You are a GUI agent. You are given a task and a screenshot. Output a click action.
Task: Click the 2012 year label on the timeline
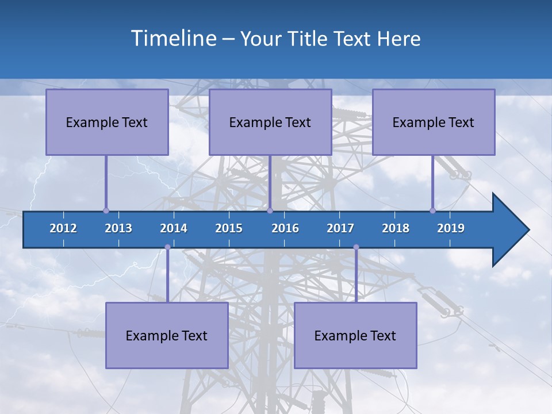coord(63,228)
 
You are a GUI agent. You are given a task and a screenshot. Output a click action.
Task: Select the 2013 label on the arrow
coord(118,228)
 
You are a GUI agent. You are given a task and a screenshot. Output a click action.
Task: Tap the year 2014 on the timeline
coord(174,228)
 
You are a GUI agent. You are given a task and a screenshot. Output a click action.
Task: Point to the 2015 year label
coord(229,228)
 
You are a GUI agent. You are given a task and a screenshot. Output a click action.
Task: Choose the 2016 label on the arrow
coord(285,228)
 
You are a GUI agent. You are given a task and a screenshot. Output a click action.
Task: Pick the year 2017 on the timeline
coord(340,228)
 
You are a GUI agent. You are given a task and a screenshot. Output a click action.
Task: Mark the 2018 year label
coord(396,228)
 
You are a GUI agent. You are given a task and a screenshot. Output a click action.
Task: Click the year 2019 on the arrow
coord(451,228)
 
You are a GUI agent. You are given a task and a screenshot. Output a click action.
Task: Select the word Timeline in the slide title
coord(173,39)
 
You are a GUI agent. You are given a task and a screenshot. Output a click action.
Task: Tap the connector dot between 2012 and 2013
coord(106,210)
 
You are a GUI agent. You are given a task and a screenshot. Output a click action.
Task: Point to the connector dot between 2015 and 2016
coord(270,210)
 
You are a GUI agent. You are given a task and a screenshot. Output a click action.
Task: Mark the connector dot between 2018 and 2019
coord(432,210)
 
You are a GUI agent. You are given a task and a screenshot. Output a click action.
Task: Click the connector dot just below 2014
coord(167,247)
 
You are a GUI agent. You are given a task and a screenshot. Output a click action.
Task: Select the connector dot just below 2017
coord(356,247)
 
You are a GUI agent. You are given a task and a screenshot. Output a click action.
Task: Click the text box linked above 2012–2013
coord(107,122)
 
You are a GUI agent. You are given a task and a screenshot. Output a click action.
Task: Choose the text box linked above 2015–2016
coord(270,122)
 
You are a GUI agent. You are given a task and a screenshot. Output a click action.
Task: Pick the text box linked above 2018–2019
coord(434,122)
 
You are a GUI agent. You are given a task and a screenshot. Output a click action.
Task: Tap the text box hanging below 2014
coord(167,335)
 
